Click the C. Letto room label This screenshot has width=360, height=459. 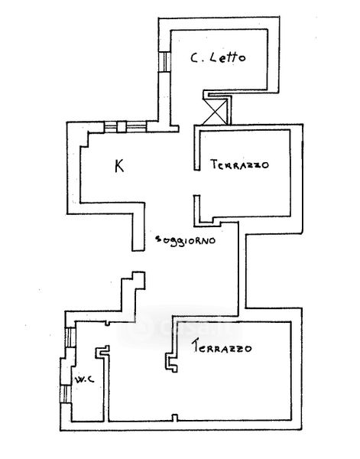tap(218, 57)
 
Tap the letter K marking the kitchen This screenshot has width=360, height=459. tap(119, 166)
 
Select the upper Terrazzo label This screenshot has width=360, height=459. tap(239, 164)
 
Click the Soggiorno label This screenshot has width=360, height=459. tap(186, 240)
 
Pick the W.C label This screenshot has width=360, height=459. tap(84, 379)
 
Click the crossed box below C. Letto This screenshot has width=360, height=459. tap(215, 112)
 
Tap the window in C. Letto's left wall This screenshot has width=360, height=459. tap(164, 61)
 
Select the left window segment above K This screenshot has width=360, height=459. tap(111, 127)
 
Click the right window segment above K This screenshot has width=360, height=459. tap(136, 127)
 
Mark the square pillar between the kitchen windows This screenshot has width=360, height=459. tap(122, 127)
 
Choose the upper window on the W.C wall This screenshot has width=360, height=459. tap(70, 337)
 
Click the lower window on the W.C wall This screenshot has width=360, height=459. tap(66, 394)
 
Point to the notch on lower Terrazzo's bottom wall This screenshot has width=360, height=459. tap(174, 418)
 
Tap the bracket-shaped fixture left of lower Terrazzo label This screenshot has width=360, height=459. tap(171, 363)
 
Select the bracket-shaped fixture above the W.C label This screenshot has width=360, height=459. tap(102, 351)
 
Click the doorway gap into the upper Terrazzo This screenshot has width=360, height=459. tap(197, 183)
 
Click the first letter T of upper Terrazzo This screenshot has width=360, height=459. tap(214, 164)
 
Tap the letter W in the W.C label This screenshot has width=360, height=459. tap(79, 380)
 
